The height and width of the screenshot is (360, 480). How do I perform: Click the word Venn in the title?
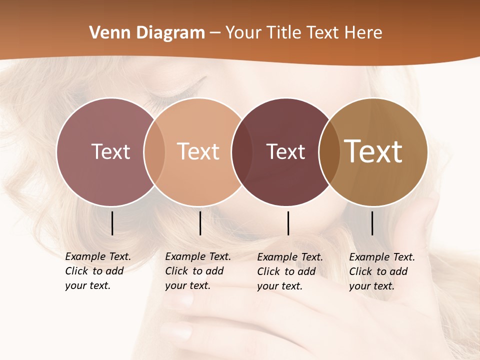point(105,33)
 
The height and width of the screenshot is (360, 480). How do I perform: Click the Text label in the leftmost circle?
point(110,151)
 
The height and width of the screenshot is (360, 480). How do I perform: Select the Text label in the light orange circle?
point(198,151)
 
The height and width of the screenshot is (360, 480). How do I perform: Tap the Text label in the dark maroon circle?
point(285,152)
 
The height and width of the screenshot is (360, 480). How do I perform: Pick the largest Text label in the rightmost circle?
point(373,151)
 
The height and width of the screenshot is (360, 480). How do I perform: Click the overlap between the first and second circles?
point(154,152)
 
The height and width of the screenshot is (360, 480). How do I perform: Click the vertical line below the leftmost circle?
point(112,223)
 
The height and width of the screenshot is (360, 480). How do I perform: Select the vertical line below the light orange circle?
point(200,223)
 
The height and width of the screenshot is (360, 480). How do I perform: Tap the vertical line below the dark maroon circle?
point(288,223)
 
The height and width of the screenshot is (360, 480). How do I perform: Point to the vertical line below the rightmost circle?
point(372,223)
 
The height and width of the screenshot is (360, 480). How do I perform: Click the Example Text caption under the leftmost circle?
point(97,271)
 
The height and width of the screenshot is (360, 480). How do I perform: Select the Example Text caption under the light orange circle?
point(197,271)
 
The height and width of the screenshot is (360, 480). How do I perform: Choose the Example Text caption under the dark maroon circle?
point(289,271)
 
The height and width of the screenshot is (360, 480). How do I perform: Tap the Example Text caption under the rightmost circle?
point(381,271)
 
